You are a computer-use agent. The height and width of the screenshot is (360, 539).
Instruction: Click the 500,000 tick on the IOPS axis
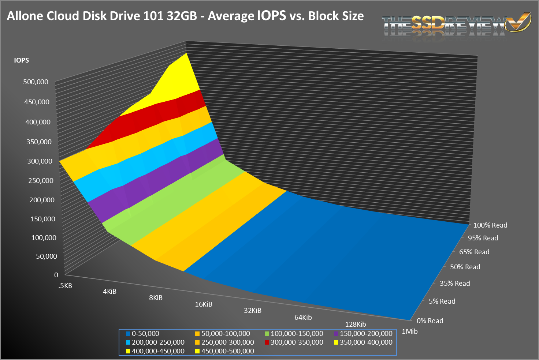[36, 82]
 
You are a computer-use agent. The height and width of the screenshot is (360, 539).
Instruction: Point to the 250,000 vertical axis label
[41, 180]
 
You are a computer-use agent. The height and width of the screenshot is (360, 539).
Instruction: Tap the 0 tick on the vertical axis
[56, 275]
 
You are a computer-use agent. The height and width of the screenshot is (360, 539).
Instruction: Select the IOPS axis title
[21, 60]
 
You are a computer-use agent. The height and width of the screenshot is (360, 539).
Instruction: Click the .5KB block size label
[65, 286]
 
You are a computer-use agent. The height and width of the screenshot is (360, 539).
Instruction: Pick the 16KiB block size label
[203, 304]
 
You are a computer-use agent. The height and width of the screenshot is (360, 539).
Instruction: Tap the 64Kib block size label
[303, 318]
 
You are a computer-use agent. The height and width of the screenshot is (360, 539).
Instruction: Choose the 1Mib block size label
[409, 331]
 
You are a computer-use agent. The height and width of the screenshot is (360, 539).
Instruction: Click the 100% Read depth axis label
[490, 225]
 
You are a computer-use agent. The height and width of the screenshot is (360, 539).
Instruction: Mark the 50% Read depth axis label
[465, 267]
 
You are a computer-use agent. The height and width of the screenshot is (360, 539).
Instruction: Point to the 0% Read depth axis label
[430, 321]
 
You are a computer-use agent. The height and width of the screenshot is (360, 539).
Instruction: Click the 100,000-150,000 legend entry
[297, 334]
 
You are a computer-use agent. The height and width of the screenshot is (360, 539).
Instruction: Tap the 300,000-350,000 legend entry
[297, 342]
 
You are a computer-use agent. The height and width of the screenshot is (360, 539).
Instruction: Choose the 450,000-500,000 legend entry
[227, 351]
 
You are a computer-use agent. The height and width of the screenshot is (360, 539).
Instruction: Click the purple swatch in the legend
[337, 334]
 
